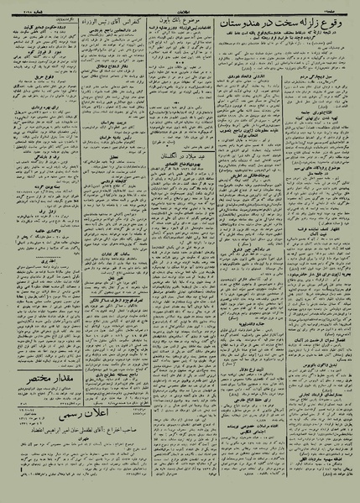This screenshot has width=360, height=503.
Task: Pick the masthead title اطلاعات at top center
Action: pyautogui.click(x=180, y=7)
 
